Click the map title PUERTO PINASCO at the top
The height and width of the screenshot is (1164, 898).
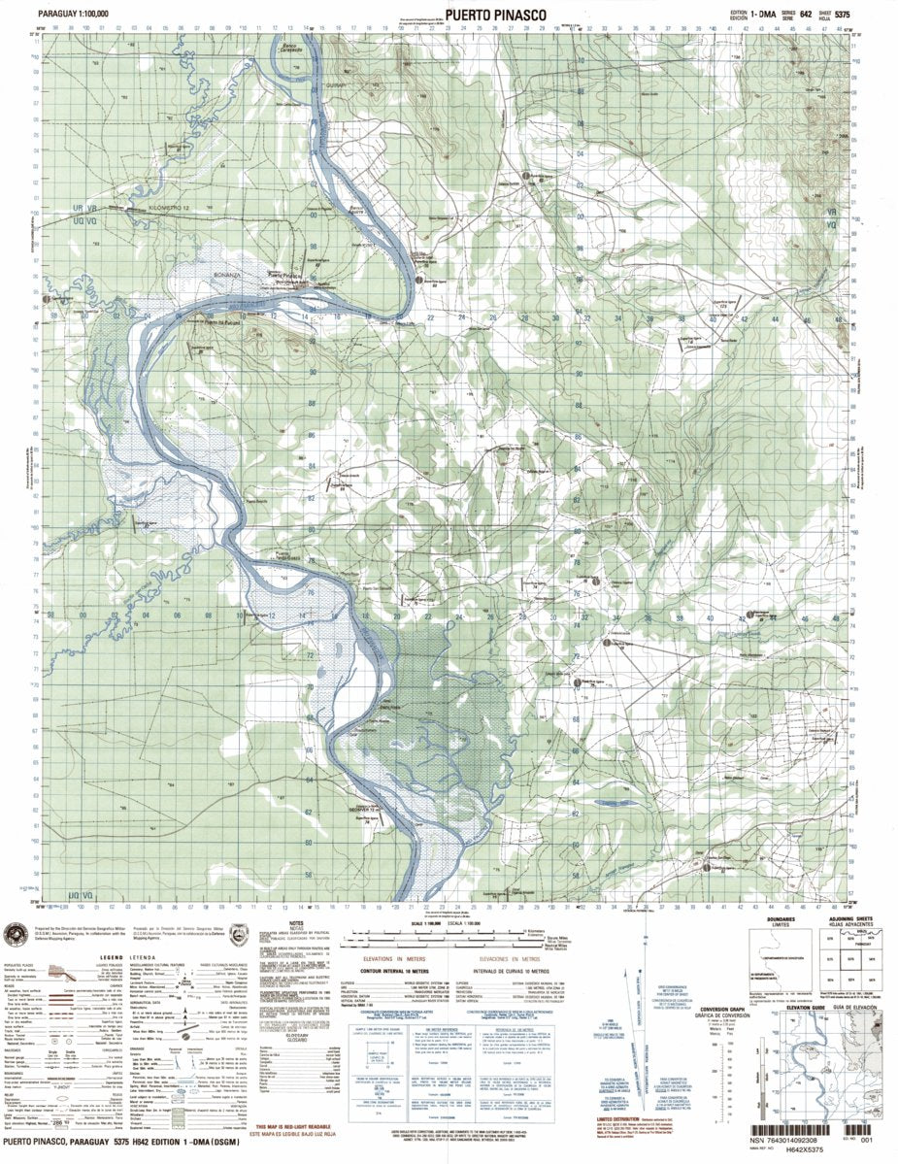[496, 14]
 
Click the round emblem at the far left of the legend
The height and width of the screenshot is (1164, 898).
[17, 935]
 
